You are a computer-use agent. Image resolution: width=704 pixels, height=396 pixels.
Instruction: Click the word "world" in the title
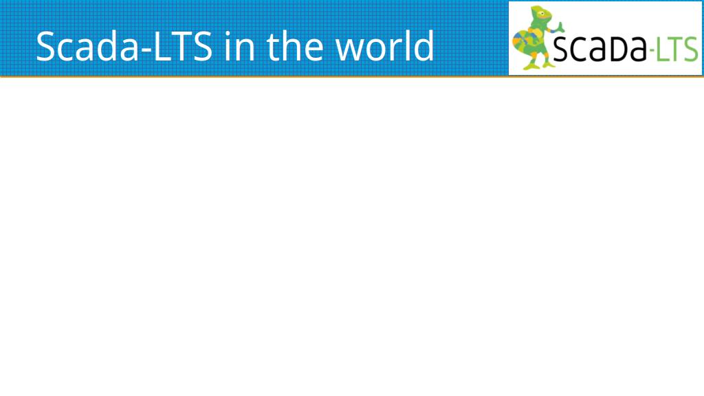click(x=384, y=46)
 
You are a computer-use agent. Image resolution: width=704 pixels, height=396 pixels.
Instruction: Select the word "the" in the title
click(x=295, y=46)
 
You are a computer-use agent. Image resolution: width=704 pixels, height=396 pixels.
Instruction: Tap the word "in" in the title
click(x=240, y=47)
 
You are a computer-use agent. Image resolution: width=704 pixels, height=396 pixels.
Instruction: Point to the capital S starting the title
click(x=46, y=46)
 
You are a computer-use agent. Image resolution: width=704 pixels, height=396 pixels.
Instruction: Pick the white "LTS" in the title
click(x=183, y=46)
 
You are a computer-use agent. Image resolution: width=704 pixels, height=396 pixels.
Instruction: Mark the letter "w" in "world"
click(x=351, y=50)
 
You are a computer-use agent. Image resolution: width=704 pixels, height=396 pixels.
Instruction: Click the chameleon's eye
click(x=542, y=14)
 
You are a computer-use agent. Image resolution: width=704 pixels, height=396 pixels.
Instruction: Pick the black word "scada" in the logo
click(x=599, y=48)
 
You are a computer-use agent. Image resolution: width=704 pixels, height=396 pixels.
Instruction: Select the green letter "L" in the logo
click(x=661, y=49)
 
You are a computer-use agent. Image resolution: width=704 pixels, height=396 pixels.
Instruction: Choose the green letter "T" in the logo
click(x=675, y=49)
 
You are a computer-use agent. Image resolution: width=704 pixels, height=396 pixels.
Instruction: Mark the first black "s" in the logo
click(x=560, y=49)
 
